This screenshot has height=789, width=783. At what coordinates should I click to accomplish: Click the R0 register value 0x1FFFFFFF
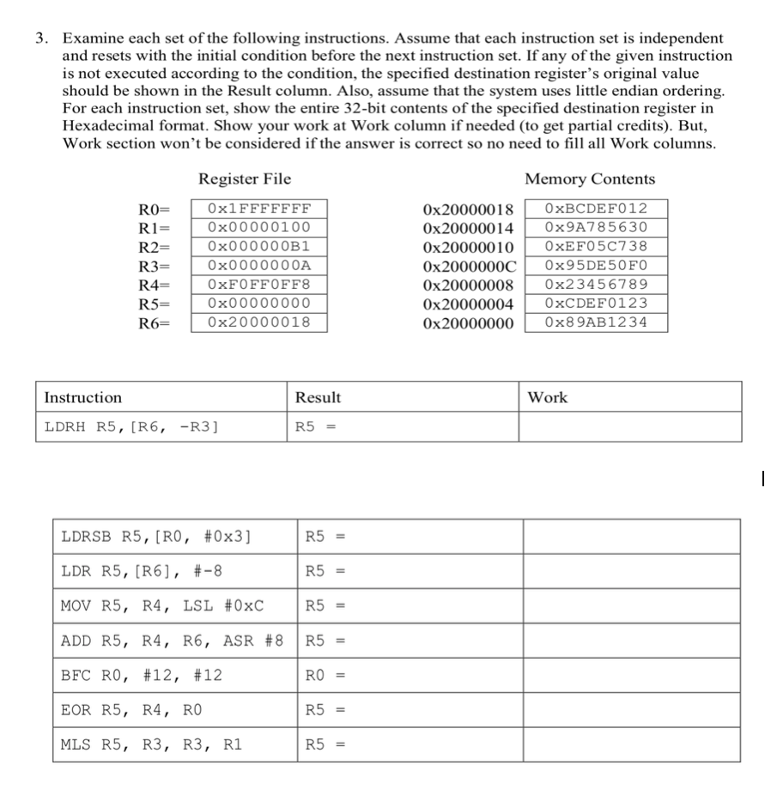click(x=258, y=208)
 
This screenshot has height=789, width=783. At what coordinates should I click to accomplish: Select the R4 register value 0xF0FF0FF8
click(x=258, y=284)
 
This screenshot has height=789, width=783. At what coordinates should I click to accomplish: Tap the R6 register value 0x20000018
click(x=258, y=322)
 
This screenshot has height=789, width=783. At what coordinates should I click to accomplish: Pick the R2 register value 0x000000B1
click(x=258, y=246)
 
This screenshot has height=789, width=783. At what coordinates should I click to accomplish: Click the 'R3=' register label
click(x=155, y=266)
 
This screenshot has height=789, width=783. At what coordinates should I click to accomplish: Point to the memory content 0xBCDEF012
click(x=596, y=208)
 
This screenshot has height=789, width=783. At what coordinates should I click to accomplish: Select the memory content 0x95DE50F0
click(x=596, y=265)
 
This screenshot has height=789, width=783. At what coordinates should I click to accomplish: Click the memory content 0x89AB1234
click(x=596, y=322)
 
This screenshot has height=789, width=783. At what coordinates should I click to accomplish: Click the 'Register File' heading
click(x=245, y=179)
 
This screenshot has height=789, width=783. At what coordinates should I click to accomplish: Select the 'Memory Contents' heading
click(x=590, y=179)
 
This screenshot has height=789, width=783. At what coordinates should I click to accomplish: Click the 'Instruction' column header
click(x=83, y=397)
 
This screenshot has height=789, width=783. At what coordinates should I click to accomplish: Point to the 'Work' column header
click(x=547, y=397)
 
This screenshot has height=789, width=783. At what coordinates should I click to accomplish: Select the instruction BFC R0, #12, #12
click(x=142, y=676)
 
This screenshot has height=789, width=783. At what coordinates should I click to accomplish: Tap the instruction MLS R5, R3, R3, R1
click(x=151, y=744)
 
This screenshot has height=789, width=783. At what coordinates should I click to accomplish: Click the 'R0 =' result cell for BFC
click(x=324, y=676)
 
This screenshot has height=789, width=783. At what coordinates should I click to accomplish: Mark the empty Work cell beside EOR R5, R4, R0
click(x=631, y=710)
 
